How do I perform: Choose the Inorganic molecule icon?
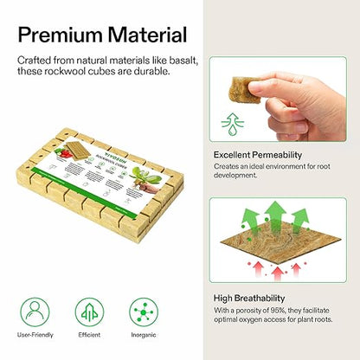tap(142, 312)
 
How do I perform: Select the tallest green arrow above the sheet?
tap(274, 215)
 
